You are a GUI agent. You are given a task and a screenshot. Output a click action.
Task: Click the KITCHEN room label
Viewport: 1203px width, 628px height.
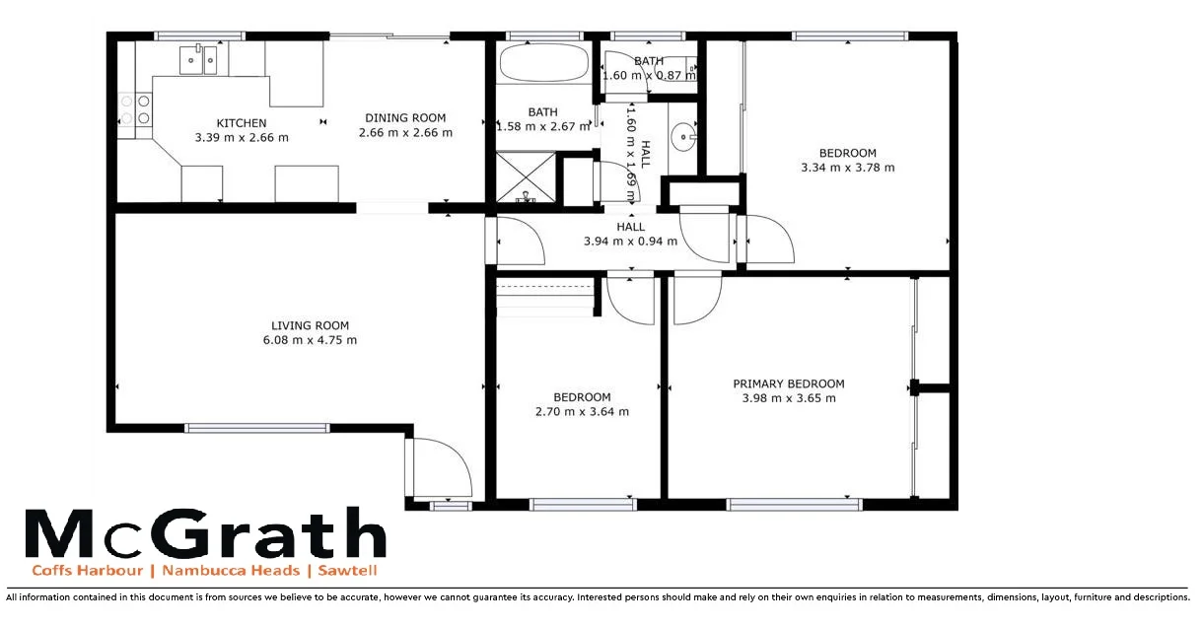(242, 123)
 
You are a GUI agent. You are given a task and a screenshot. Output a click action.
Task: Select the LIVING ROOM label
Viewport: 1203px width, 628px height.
(310, 326)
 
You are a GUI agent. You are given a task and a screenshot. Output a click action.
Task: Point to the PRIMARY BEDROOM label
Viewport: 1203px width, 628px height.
(788, 384)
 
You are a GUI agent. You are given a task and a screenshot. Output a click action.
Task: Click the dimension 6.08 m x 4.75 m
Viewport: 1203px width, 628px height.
(310, 341)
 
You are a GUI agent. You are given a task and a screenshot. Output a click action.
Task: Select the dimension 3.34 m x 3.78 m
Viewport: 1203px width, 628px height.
(848, 168)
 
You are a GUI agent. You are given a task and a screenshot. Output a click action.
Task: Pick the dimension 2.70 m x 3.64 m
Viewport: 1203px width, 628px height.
(581, 412)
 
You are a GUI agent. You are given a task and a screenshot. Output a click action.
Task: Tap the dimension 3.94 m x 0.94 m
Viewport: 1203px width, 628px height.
(630, 242)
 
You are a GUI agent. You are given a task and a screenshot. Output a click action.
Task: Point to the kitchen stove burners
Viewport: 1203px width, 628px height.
(135, 108)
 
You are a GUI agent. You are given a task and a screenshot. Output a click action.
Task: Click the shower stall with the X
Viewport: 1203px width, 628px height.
(526, 177)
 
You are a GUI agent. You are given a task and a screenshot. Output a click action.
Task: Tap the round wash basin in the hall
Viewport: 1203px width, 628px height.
(684, 136)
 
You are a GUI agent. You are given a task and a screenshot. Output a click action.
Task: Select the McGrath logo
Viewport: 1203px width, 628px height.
(204, 534)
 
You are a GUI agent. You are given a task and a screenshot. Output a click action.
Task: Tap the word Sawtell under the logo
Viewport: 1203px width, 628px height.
(347, 571)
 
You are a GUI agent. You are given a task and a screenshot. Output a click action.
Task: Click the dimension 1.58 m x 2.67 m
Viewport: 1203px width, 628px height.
(543, 126)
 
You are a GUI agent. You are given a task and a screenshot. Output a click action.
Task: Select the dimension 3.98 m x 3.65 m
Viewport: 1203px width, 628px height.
(788, 398)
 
